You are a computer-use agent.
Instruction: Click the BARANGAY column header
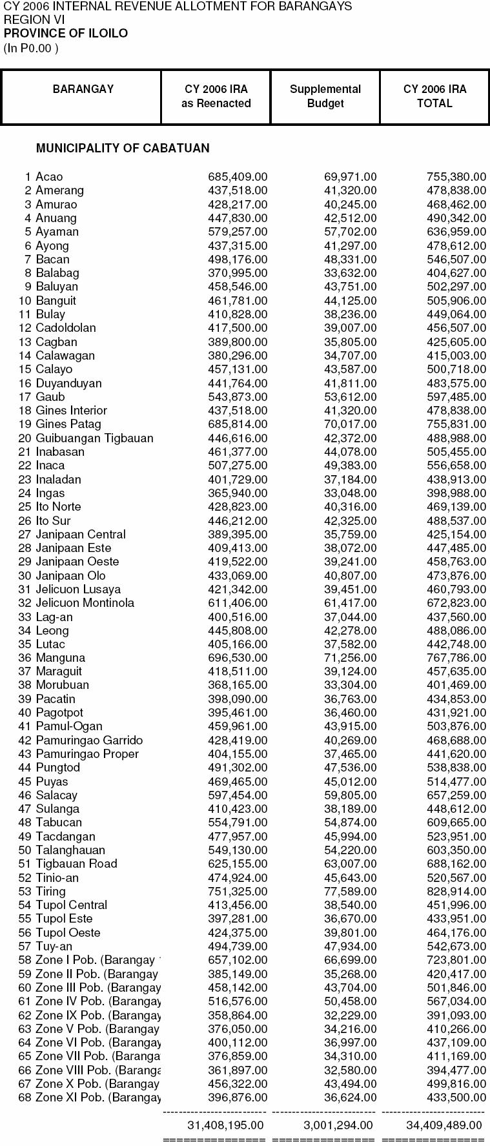(x=83, y=89)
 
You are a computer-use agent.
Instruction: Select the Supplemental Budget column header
(x=325, y=96)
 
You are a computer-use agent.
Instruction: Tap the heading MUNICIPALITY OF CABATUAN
(x=123, y=148)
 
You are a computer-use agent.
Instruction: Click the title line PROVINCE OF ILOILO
(x=66, y=34)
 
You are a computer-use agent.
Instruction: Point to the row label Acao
(x=49, y=177)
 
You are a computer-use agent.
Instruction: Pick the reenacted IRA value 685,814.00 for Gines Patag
(x=238, y=424)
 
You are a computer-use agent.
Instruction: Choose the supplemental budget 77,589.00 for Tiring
(x=350, y=892)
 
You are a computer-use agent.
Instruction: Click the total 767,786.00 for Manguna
(x=456, y=658)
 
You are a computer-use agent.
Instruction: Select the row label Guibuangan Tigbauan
(x=94, y=438)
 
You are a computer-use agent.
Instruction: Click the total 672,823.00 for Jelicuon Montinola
(x=456, y=603)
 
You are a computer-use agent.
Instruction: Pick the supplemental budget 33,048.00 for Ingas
(x=350, y=493)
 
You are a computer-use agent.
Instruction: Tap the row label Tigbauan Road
(x=76, y=864)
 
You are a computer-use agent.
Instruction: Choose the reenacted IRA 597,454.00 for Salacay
(x=238, y=795)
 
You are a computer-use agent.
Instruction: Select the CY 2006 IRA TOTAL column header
(x=434, y=96)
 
